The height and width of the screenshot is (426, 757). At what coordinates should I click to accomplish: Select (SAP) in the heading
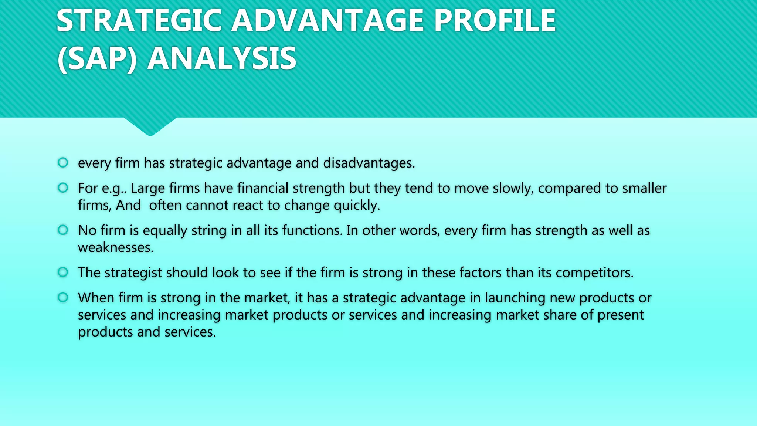(x=97, y=58)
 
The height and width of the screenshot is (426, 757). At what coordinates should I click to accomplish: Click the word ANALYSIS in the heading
(x=222, y=58)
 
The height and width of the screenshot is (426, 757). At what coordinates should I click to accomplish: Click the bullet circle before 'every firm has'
(x=63, y=162)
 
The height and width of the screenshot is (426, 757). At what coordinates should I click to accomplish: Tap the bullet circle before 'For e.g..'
(x=63, y=187)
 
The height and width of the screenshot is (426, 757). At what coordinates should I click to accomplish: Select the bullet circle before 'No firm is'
(x=63, y=230)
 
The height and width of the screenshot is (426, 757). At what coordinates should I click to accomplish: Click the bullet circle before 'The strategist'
(x=63, y=272)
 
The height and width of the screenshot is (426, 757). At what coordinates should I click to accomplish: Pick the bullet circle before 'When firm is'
(x=63, y=297)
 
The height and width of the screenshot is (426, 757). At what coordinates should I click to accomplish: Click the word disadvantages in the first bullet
(x=369, y=163)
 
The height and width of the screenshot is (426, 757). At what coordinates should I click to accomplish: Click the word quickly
(x=357, y=206)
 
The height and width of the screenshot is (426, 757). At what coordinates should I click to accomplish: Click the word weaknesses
(x=115, y=247)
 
